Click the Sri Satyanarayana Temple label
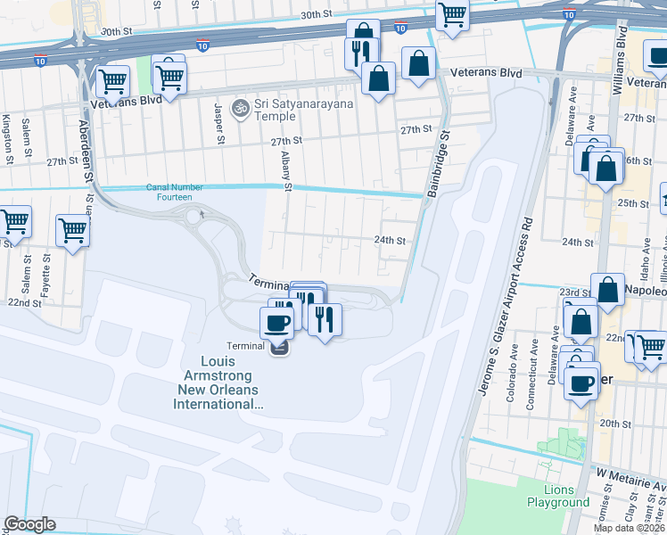click(303, 109)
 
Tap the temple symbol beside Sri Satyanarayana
click(239, 109)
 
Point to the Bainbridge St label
click(438, 163)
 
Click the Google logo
click(29, 524)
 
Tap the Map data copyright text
click(629, 528)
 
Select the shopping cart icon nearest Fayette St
click(72, 230)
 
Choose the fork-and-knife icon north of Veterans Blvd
click(361, 53)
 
